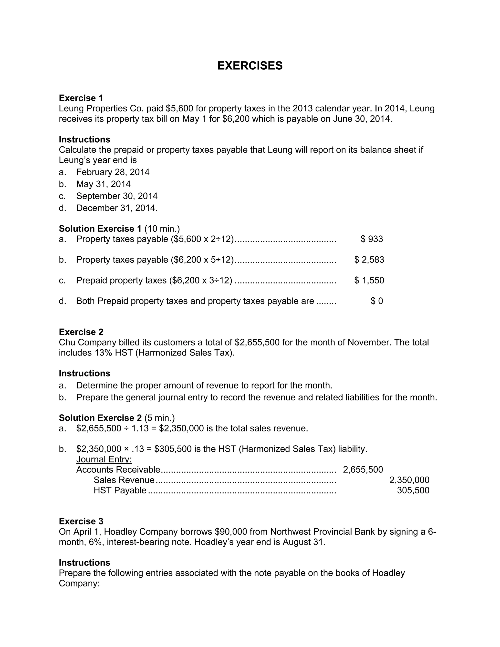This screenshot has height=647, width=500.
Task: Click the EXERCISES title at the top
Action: click(x=250, y=65)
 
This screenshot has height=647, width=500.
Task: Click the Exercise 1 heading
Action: click(x=81, y=98)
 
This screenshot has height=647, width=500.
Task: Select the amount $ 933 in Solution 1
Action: click(x=372, y=239)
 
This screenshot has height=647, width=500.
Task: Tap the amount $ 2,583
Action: click(x=369, y=260)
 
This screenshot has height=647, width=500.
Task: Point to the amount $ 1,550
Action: click(x=369, y=280)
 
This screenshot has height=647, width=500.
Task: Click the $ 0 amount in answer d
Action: click(x=377, y=301)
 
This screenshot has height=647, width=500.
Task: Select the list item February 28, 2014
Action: click(x=113, y=172)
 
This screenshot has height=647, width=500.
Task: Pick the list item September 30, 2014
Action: click(x=117, y=196)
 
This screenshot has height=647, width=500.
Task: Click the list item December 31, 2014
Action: click(x=117, y=208)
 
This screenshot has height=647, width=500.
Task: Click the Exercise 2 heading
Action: click(x=81, y=332)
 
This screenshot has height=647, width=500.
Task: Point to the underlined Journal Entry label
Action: click(x=104, y=459)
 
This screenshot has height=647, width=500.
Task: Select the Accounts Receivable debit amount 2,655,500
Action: click(x=363, y=470)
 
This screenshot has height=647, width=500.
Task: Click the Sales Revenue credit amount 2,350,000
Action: click(x=409, y=480)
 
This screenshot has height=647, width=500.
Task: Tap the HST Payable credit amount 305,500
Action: click(x=413, y=490)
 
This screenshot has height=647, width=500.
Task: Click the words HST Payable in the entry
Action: click(x=120, y=490)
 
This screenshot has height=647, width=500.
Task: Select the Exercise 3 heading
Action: click(x=81, y=521)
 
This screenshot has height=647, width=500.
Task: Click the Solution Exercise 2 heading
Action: click(x=100, y=418)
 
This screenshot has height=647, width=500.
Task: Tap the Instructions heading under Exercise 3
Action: click(x=84, y=563)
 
